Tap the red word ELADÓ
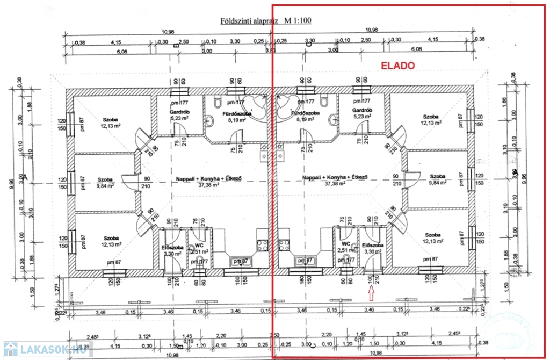398,66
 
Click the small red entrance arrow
371,293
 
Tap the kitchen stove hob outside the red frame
263,246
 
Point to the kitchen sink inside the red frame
303,261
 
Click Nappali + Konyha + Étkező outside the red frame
202,177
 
